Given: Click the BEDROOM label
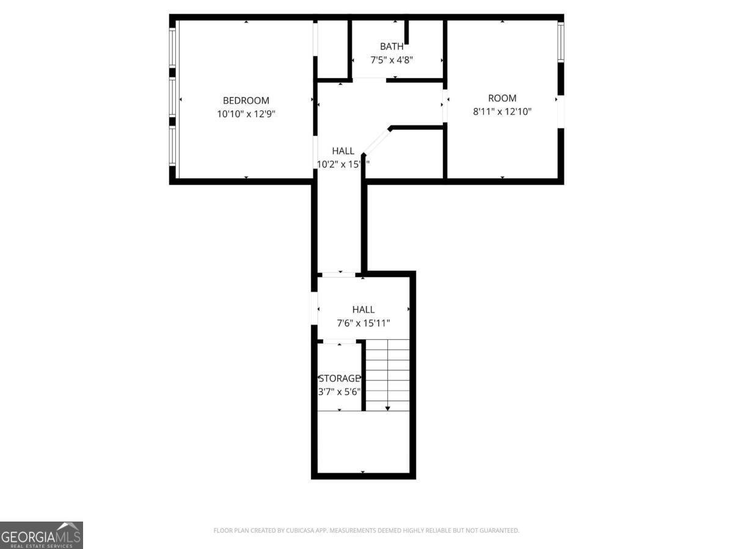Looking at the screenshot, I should tap(246, 101).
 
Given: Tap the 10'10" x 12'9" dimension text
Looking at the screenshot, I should tap(246, 113).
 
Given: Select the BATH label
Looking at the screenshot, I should tap(392, 46).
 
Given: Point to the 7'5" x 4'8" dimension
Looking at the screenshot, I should tap(392, 60).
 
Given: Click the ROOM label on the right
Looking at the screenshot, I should tap(502, 98).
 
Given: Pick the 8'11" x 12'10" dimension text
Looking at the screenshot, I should tap(502, 111).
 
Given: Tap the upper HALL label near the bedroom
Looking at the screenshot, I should tap(343, 151).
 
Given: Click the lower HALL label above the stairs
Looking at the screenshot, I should tap(363, 310).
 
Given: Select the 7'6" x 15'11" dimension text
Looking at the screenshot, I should tap(363, 323).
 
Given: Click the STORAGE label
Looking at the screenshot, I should tap(340, 379).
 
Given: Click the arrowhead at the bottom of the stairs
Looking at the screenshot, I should tap(387, 408).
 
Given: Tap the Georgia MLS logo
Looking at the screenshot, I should tap(42, 535).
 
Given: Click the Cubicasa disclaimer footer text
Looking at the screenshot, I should tap(366, 531).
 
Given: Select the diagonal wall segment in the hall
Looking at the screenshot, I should tap(377, 141).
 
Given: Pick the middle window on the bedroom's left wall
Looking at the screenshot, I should tap(173, 98).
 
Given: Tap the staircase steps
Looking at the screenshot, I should tap(388, 372).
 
